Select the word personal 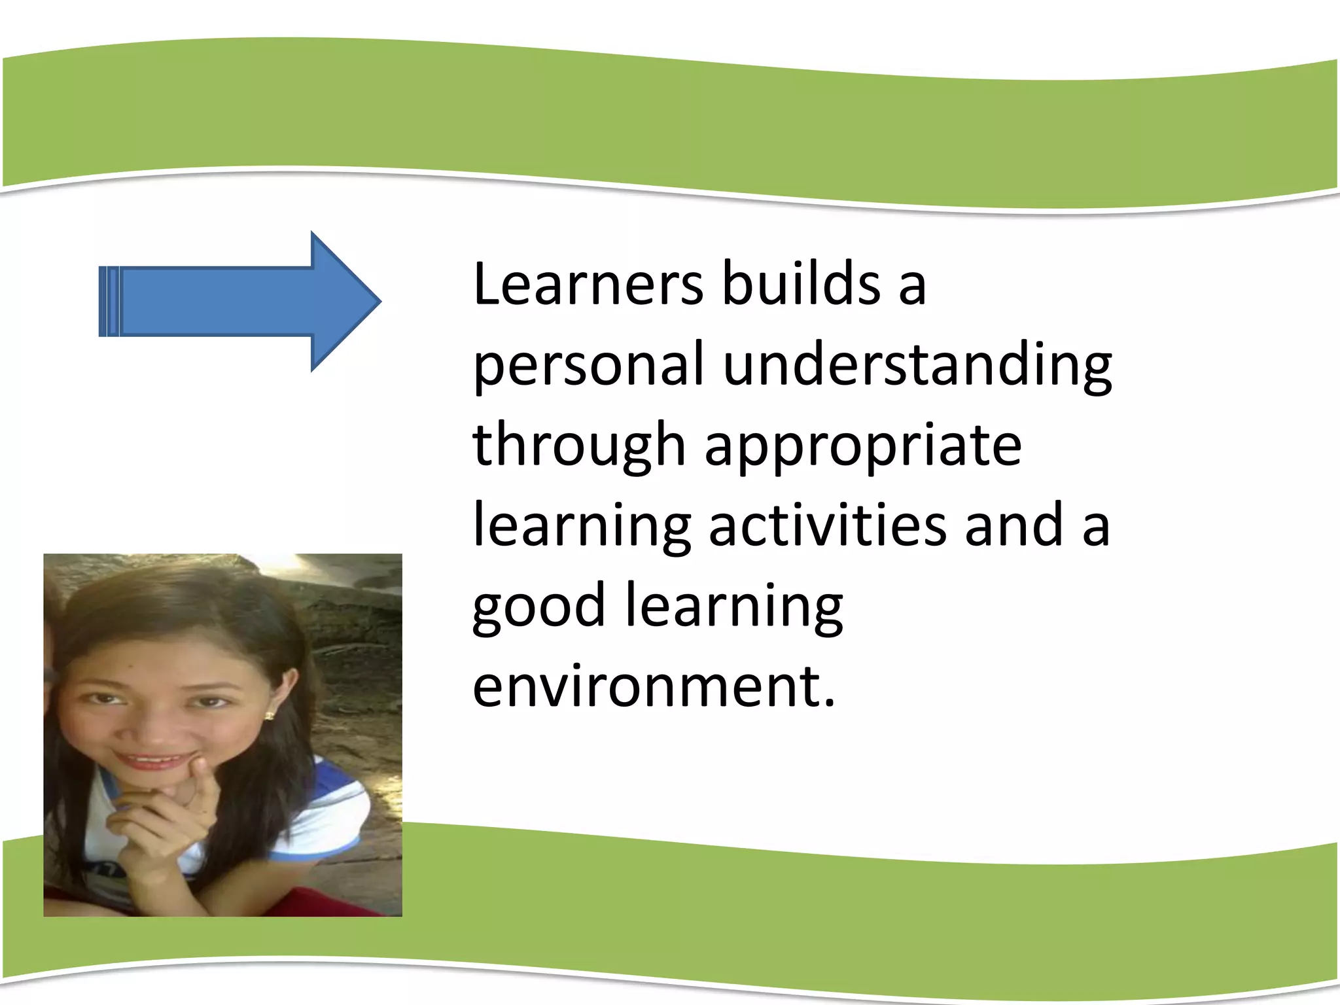click(588, 365)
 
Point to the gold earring click(269, 715)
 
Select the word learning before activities click(581, 527)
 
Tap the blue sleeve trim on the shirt click(340, 844)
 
